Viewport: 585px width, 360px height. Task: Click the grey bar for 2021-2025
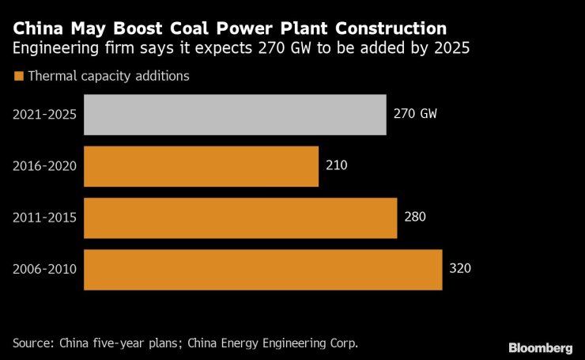235,114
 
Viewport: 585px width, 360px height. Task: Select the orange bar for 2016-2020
201,165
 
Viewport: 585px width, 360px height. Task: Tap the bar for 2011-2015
240,217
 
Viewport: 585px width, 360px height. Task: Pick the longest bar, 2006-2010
262,269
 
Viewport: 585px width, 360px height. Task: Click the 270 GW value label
415,114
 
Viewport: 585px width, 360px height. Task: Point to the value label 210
336,165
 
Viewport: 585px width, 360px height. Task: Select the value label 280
415,217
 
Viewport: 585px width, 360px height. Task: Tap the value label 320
459,269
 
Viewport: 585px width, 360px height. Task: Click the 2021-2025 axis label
44,114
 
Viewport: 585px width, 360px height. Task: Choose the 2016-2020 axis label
44,165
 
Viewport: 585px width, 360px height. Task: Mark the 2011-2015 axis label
44,217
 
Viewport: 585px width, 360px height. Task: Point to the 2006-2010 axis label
44,269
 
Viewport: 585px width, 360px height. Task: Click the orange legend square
18,77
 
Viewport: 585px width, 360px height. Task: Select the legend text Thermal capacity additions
108,77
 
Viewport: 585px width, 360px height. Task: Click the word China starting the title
36,28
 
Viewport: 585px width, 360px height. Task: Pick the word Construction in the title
389,28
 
